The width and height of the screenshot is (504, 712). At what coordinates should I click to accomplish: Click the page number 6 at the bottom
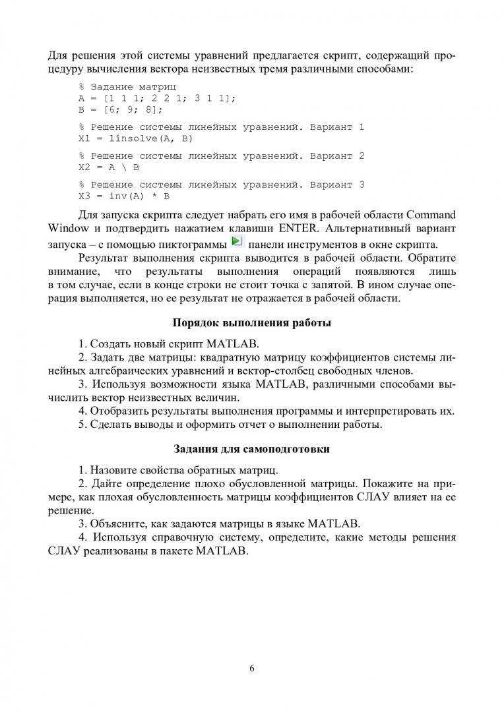click(x=252, y=668)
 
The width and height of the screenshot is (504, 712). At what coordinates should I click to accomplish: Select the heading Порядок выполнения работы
click(x=251, y=323)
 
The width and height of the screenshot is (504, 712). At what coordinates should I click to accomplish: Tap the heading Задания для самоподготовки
click(x=251, y=450)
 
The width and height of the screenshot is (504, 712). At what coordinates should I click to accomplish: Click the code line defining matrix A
click(x=157, y=98)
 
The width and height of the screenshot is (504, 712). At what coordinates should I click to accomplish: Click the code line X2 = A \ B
click(x=109, y=168)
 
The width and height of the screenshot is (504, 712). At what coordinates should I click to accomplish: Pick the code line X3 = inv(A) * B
click(x=124, y=196)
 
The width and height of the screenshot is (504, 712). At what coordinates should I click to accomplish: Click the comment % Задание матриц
click(x=123, y=87)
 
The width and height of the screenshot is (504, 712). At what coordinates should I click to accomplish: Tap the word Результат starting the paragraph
click(x=102, y=257)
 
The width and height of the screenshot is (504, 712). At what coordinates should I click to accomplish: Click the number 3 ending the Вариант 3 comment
click(x=362, y=185)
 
